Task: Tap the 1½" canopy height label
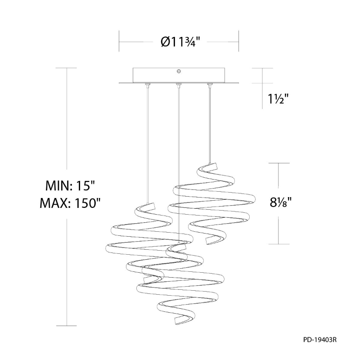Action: click(278, 99)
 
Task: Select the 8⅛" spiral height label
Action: click(280, 202)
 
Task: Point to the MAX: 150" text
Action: click(70, 203)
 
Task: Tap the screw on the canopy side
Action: click(179, 71)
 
